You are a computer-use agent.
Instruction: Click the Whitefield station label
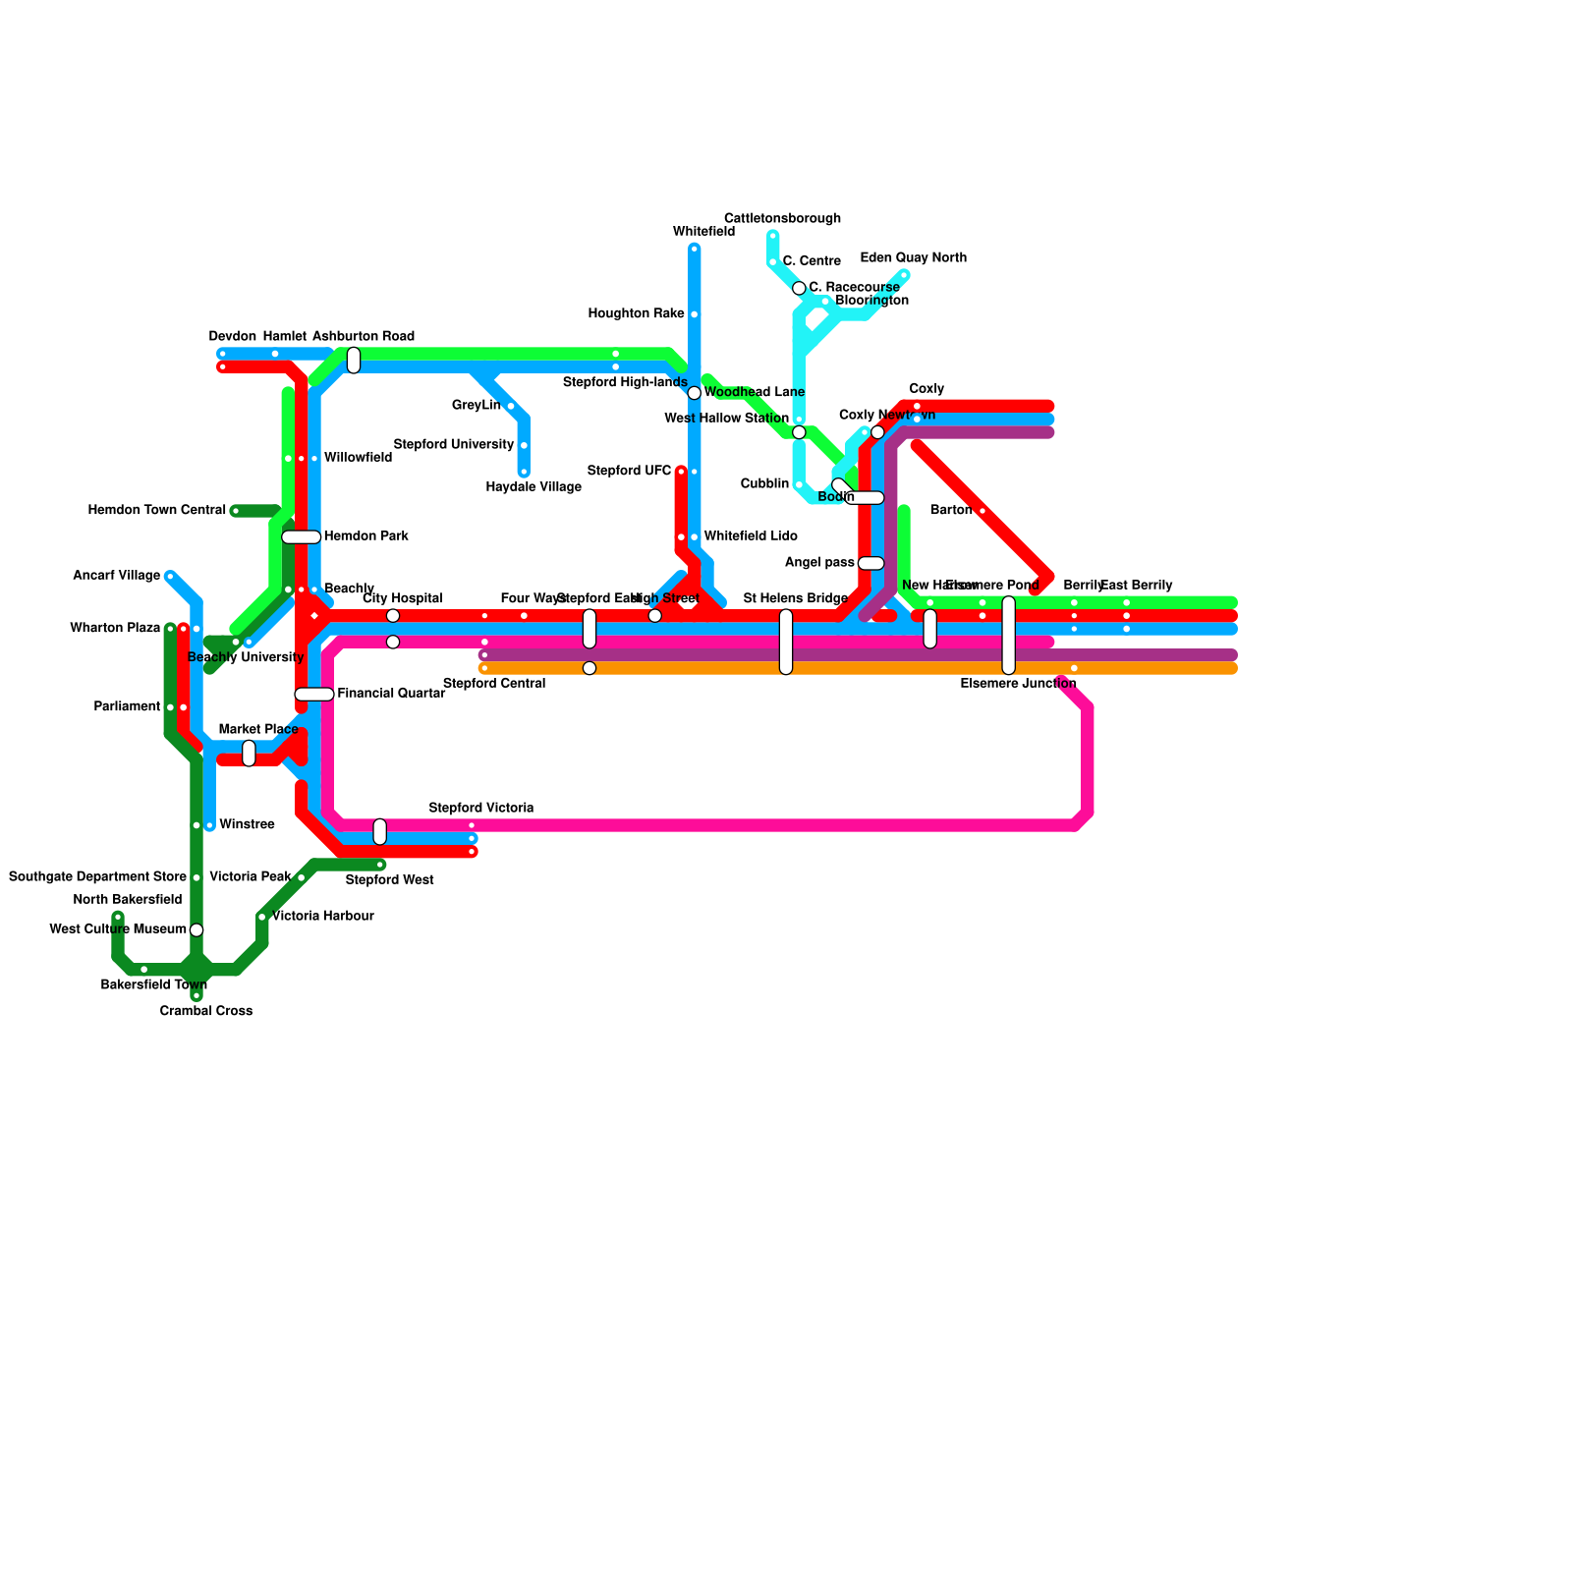click(703, 232)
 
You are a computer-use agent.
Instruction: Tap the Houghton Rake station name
click(636, 314)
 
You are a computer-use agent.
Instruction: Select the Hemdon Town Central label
click(157, 511)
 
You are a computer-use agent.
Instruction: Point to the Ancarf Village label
click(116, 576)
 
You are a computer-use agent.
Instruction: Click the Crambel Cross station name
click(206, 1011)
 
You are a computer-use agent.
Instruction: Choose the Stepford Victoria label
click(481, 809)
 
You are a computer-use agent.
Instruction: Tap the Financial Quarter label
click(391, 694)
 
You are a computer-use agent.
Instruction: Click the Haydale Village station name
click(533, 487)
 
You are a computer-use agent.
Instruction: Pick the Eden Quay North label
click(913, 258)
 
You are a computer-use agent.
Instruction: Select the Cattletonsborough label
click(782, 218)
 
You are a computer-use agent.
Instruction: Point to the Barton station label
click(950, 511)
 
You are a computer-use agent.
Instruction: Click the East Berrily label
click(1137, 586)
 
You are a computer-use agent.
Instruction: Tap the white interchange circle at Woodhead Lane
click(695, 393)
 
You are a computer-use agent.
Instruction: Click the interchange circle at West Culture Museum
click(196, 930)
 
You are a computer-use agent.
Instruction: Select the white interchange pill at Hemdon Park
click(301, 537)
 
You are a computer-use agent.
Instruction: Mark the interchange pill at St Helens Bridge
click(786, 642)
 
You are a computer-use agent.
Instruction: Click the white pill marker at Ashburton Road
click(354, 361)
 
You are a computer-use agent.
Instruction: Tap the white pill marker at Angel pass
click(870, 563)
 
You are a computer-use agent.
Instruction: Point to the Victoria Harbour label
click(322, 917)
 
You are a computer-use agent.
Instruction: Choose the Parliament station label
click(127, 707)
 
